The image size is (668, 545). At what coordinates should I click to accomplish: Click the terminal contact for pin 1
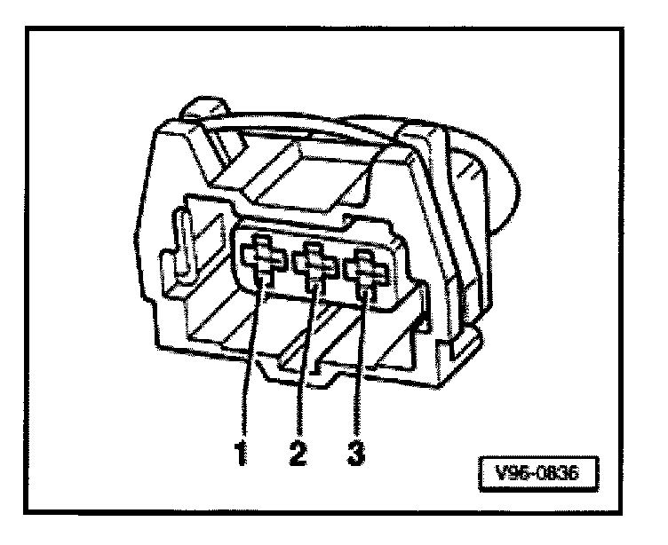click(262, 263)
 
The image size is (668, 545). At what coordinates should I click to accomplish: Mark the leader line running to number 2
click(306, 373)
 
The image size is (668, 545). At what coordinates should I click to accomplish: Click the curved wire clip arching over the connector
click(293, 133)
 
